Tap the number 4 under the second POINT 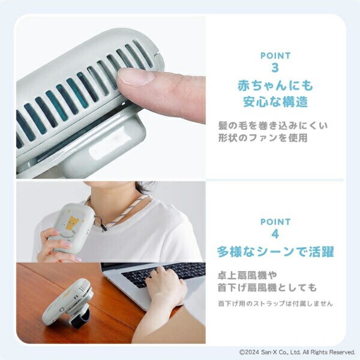tap(275, 235)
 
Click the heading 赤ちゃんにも tap(275, 85)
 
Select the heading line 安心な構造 tap(275, 101)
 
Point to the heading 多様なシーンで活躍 tap(275, 251)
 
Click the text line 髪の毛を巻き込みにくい tap(273, 126)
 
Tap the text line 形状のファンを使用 tap(263, 139)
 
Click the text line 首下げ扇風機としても tap(267, 288)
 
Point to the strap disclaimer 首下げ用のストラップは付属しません tap(275, 304)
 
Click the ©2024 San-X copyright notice tap(297, 352)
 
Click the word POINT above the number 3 tap(275, 56)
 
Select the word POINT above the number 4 tap(275, 222)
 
